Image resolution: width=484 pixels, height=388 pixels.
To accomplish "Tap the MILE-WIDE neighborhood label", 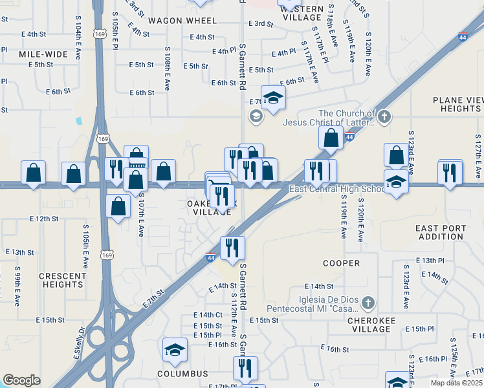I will point(43,54).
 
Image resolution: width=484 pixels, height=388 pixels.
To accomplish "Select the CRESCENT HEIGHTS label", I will point(63,280).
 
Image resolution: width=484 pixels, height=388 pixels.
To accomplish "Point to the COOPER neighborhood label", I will point(341,263).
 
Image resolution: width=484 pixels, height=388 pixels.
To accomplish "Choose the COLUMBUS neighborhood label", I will point(182,374).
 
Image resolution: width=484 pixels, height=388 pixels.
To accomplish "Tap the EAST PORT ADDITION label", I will point(441,232).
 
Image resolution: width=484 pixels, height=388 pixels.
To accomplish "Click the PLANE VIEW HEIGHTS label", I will point(457,104).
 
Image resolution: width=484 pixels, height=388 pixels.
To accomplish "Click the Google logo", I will point(21,380).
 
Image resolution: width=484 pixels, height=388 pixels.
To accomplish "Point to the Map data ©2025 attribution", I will point(457,383).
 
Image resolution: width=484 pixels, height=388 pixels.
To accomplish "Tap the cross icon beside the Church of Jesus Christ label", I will point(384,117).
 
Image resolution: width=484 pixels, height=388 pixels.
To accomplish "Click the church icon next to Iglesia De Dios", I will point(368,302).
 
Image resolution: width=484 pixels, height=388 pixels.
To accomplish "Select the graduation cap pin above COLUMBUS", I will point(175,350).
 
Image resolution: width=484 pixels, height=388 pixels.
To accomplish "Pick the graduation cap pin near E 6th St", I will point(274,98).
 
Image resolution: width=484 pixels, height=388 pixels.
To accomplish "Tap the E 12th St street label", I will point(47,219).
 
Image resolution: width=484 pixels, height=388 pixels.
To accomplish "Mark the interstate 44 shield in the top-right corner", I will point(463,38).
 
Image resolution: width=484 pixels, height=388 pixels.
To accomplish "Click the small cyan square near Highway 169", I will point(79,121).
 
